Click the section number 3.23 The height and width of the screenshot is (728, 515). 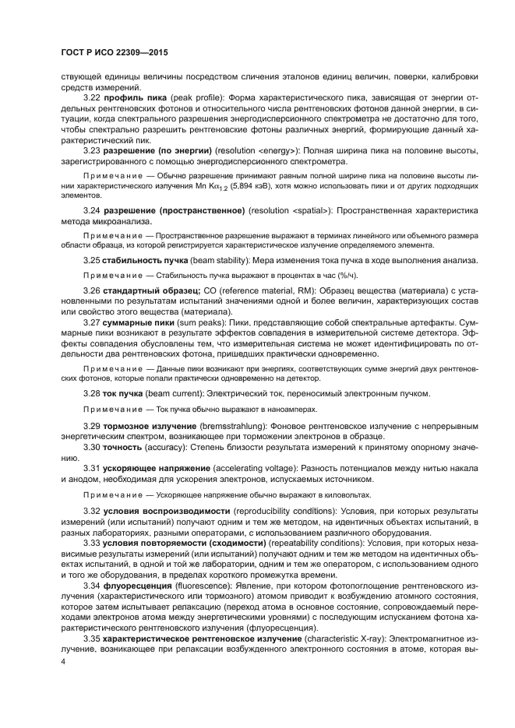92,148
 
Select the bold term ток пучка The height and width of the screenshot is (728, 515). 122,394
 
